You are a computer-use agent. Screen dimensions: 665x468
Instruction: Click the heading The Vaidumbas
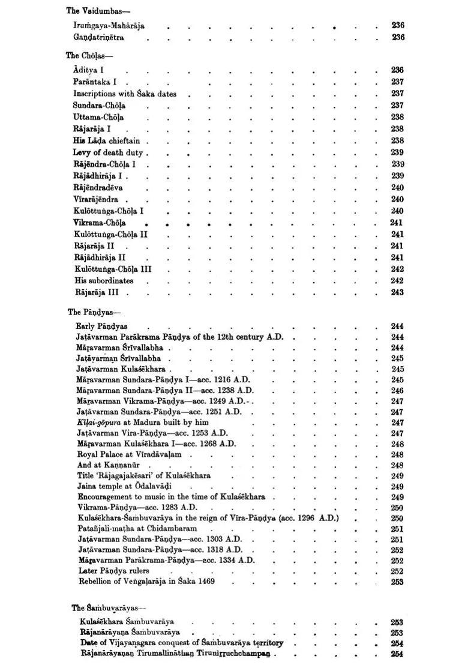click(x=91, y=10)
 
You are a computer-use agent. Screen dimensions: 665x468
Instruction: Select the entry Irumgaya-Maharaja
click(x=109, y=26)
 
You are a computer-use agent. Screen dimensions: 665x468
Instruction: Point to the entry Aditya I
click(x=89, y=70)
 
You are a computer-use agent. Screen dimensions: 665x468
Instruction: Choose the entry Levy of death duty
click(x=108, y=152)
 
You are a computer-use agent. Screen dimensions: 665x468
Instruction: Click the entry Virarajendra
click(x=96, y=199)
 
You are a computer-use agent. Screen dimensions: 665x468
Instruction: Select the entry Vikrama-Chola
click(x=100, y=223)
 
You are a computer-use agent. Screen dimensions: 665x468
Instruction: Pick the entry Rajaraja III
click(x=97, y=293)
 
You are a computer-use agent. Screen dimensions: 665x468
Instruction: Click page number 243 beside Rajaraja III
click(x=397, y=293)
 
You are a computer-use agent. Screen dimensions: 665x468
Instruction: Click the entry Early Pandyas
click(x=101, y=326)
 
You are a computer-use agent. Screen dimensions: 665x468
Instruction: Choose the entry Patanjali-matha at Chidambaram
click(x=137, y=529)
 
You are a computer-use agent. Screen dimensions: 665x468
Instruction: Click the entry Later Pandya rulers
click(x=114, y=571)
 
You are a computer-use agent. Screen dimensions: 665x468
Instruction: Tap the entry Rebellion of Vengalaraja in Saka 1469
click(x=146, y=582)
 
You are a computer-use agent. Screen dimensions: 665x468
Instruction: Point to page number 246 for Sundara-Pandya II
click(x=397, y=390)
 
